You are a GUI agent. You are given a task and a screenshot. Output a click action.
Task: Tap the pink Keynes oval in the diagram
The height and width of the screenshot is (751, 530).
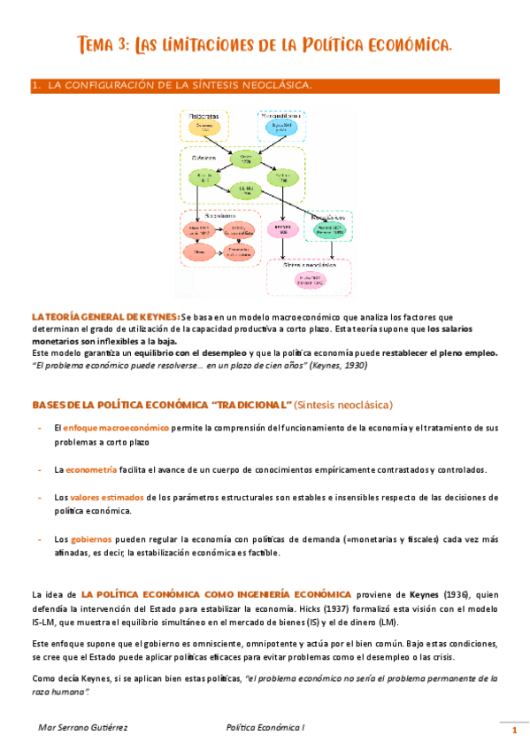click(284, 229)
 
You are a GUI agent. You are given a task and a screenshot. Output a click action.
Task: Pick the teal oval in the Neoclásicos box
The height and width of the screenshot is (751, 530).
click(330, 229)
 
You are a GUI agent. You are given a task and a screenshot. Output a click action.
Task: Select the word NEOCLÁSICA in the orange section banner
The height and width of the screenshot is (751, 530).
click(273, 86)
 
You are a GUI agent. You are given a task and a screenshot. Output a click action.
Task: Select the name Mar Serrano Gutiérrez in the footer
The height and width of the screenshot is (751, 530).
click(85, 727)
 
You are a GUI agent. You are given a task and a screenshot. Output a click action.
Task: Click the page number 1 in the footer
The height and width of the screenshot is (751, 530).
click(514, 730)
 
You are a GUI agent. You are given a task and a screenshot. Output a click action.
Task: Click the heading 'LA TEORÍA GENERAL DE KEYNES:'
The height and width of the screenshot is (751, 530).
click(105, 316)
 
